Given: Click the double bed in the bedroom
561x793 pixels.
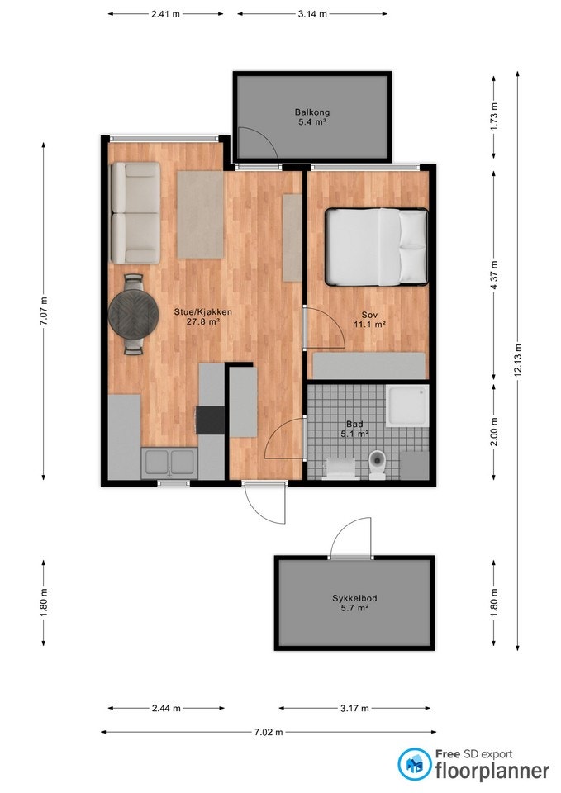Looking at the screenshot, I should point(376,246).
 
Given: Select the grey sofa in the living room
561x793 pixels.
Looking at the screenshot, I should point(135,212).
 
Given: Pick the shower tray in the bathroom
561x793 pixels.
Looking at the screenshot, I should point(407,406).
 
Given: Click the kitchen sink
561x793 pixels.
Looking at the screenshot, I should point(169,463).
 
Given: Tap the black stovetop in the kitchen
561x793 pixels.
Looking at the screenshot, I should point(210,420).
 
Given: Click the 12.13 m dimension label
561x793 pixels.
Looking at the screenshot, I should point(518,360).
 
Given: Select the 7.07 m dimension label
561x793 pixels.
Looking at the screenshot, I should point(44,309).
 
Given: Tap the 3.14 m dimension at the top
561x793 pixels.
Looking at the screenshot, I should point(311,14).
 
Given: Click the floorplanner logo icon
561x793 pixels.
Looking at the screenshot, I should point(414,764).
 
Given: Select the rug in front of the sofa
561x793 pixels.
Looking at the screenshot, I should point(200,214).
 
